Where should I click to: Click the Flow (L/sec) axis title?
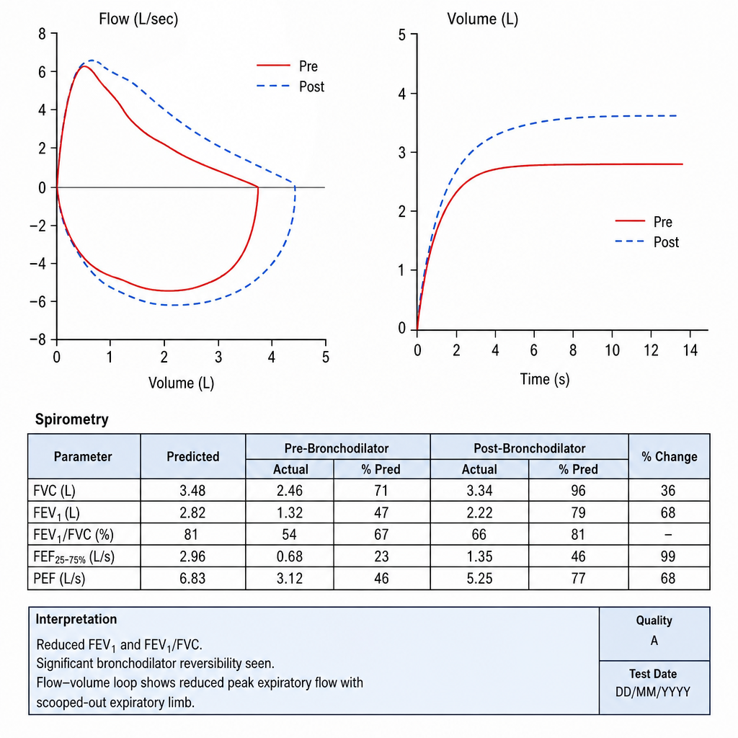tap(138, 19)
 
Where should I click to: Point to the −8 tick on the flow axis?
tap(37, 339)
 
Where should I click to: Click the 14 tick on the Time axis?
tap(690, 350)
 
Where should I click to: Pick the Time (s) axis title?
tap(545, 379)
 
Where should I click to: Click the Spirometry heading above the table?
tap(72, 419)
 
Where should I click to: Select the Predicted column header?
tap(193, 456)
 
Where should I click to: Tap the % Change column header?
tap(670, 456)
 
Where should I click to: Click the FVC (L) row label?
tap(54, 491)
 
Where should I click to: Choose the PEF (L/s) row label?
tap(59, 578)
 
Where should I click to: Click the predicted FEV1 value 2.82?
tap(192, 512)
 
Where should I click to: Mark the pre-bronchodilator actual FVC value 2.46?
tap(290, 490)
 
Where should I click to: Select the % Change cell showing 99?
tap(668, 556)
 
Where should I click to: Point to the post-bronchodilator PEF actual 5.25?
tap(479, 578)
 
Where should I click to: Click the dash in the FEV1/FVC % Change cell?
tap(668, 535)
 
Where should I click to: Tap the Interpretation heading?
tap(76, 619)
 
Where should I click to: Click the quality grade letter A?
tap(654, 641)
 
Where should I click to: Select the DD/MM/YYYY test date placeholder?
tap(653, 692)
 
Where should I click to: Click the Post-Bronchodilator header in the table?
tap(530, 448)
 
